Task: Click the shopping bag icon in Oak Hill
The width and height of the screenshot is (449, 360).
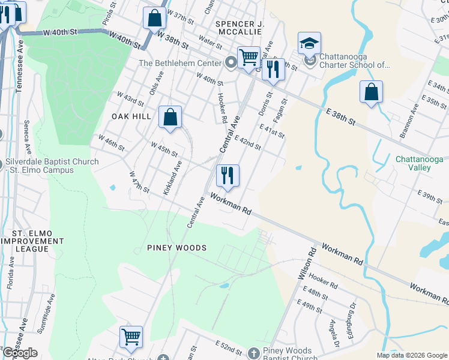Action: pyautogui.click(x=170, y=117)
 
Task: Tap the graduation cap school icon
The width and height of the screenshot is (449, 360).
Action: pyautogui.click(x=309, y=43)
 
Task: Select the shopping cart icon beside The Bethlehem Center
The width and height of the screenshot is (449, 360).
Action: pyautogui.click(x=249, y=58)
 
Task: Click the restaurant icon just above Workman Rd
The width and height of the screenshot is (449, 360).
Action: pyautogui.click(x=228, y=176)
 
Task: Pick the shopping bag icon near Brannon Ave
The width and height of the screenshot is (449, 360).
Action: pyautogui.click(x=372, y=92)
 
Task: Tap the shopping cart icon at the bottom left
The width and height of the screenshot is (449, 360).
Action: pyautogui.click(x=131, y=337)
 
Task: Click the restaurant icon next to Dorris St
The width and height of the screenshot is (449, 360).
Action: pyautogui.click(x=273, y=69)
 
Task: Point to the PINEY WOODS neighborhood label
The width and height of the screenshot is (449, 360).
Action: pyautogui.click(x=177, y=248)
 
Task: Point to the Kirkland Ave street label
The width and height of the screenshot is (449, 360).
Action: pyautogui.click(x=173, y=175)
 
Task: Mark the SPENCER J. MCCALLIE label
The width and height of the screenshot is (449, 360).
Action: pyautogui.click(x=240, y=28)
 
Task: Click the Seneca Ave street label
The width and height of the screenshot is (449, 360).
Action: pyautogui.click(x=27, y=143)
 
